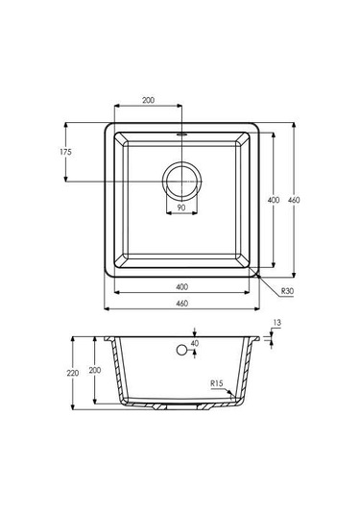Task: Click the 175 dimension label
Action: click(x=65, y=152)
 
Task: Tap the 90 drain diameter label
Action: click(x=181, y=208)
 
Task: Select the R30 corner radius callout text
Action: click(x=287, y=291)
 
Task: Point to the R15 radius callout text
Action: click(x=217, y=383)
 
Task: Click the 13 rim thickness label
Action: click(x=276, y=323)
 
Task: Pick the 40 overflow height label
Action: click(x=195, y=343)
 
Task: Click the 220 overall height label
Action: click(x=73, y=373)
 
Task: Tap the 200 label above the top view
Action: click(x=148, y=100)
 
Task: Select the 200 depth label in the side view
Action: click(x=95, y=370)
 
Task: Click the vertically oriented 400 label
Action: click(x=274, y=200)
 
